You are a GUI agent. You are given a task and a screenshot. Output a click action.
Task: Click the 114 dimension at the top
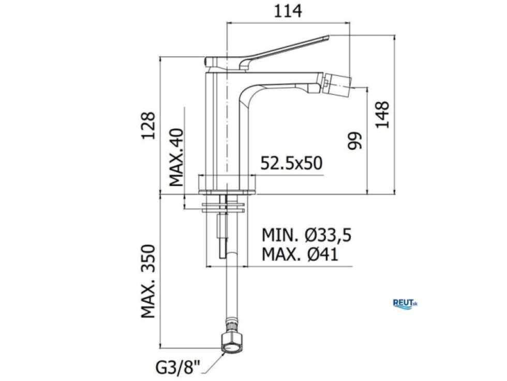288,11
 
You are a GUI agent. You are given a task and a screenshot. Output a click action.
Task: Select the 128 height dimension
149,125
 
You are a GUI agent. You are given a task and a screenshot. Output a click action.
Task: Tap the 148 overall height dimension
382,115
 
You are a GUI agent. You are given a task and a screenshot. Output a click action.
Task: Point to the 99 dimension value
354,140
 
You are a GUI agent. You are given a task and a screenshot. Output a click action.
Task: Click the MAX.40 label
176,157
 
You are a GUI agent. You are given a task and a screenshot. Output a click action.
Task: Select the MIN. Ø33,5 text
306,235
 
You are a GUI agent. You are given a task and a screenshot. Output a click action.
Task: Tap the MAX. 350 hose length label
149,281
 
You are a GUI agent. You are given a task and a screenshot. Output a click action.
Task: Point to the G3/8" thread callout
178,368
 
